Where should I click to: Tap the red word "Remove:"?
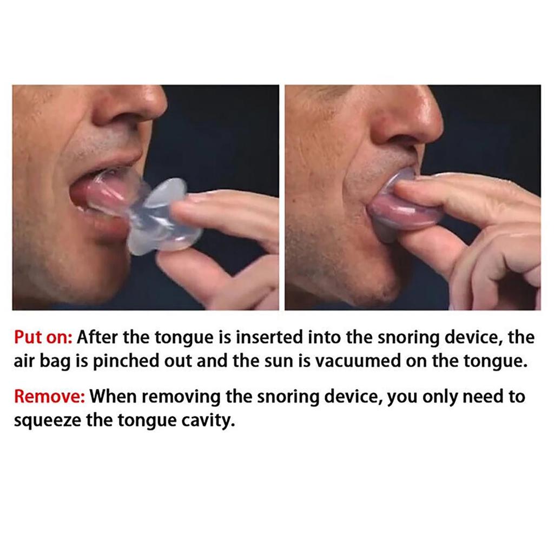tap(49, 397)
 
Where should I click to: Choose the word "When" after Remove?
tap(113, 397)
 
